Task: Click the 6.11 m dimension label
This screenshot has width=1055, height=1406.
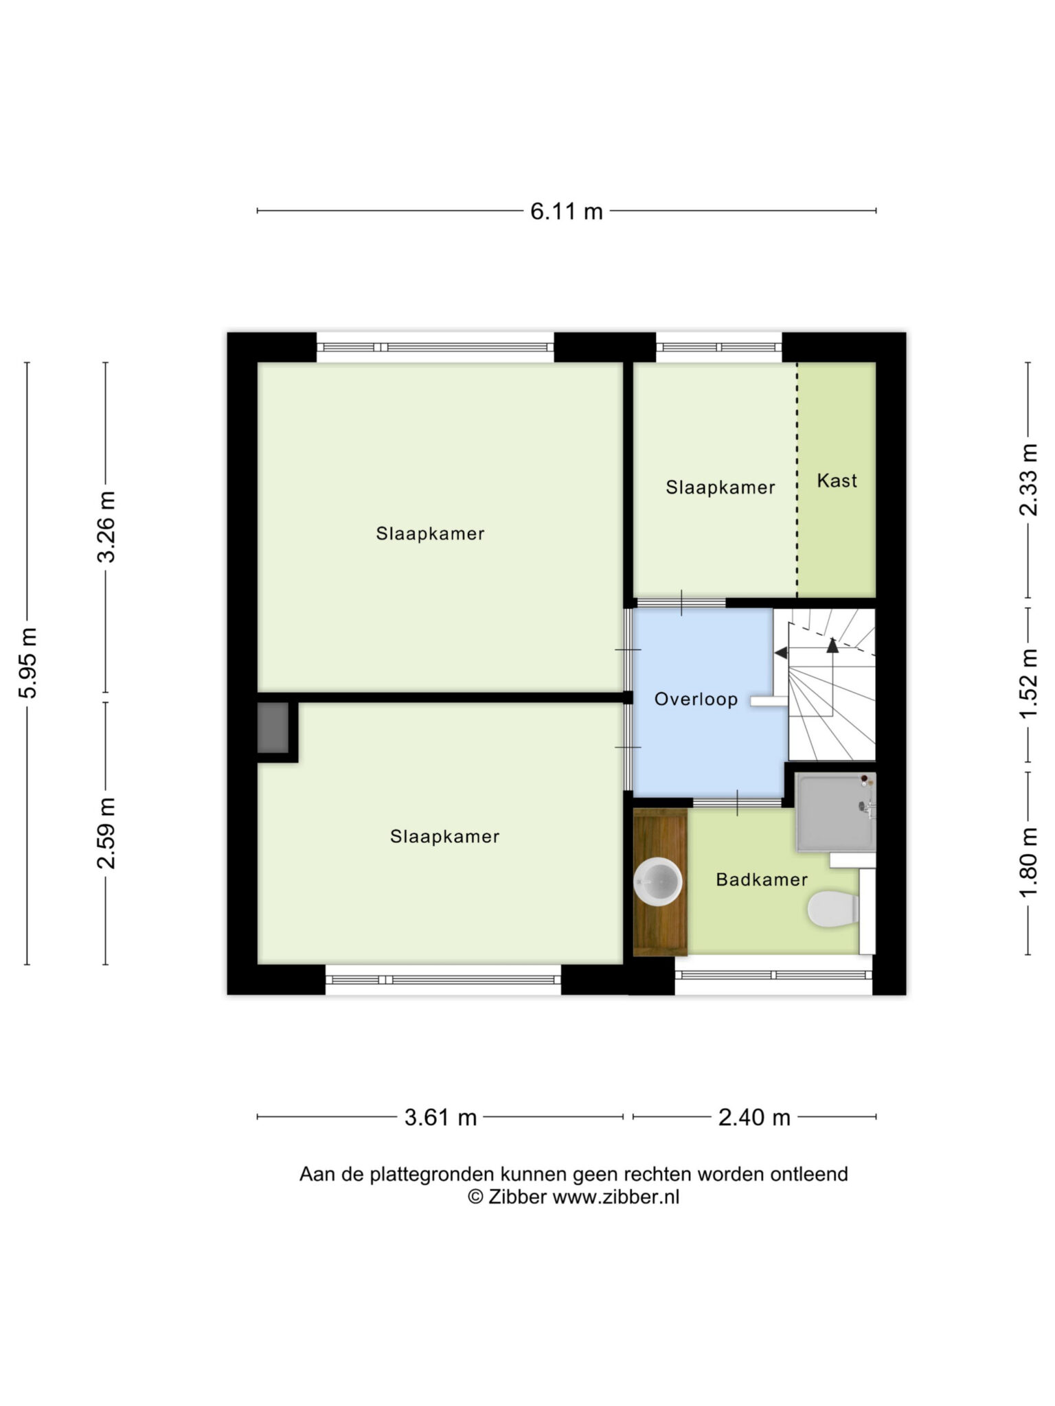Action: point(566,211)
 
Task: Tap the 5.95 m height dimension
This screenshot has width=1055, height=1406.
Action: point(28,662)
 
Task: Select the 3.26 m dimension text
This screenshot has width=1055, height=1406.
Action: point(106,527)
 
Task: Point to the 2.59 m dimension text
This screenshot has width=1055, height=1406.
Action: point(106,833)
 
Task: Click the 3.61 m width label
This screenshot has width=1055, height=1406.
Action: point(440,1118)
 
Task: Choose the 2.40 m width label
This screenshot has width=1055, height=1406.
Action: point(754,1118)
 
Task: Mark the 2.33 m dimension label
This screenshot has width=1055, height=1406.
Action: point(1028,479)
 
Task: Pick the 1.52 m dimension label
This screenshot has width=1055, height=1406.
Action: point(1028,684)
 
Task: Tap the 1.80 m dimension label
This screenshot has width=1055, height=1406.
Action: point(1028,862)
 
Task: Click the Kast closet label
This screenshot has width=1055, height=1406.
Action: point(837,481)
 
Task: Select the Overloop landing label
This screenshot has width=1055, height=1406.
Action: point(696,700)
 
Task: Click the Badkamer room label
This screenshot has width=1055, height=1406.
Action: point(762,879)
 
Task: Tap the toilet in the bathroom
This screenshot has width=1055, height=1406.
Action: point(833,910)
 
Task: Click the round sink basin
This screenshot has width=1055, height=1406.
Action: point(658,882)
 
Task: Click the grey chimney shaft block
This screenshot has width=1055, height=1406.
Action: point(273,728)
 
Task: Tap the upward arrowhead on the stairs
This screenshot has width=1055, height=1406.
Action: point(832,645)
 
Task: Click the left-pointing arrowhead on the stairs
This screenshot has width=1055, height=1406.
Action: point(781,653)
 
